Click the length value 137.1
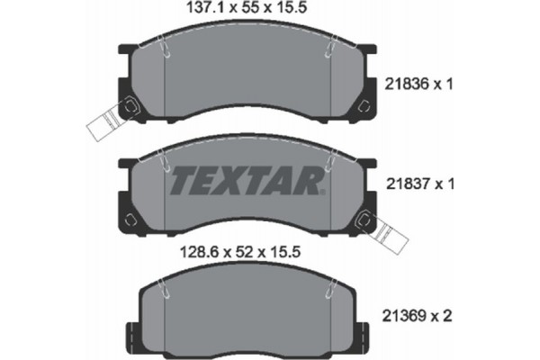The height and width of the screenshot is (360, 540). click(182, 12)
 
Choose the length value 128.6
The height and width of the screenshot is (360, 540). click(182, 256)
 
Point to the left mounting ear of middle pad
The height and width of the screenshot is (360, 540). click(128, 219)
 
